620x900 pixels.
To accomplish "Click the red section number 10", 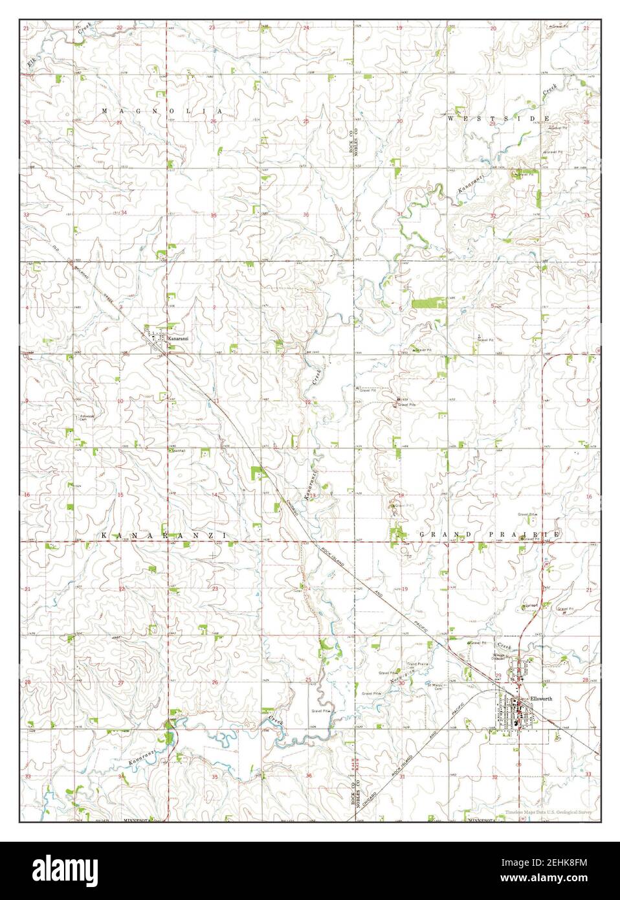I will (x=120, y=401).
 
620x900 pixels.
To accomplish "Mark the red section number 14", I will (x=214, y=495).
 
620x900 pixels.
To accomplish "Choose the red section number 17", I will (x=494, y=495).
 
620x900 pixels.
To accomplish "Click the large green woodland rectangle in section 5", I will (x=428, y=302).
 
